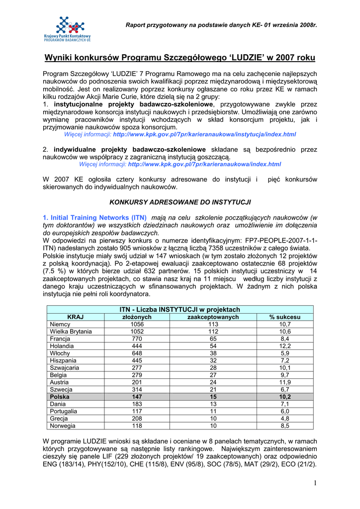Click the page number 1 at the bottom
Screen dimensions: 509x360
[315, 484]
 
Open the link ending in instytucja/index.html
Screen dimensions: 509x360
[204, 134]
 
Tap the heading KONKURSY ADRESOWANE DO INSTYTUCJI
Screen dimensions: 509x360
[180, 202]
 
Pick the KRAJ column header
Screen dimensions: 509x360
[75, 317]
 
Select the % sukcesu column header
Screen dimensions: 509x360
[285, 317]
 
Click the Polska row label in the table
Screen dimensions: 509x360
[60, 397]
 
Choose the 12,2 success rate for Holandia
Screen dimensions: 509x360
[285, 346]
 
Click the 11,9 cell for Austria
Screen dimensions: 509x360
[285, 382]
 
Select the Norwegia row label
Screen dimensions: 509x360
[63, 426]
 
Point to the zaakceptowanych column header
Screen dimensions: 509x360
[213, 317]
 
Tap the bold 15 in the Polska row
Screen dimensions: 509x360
[213, 397]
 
